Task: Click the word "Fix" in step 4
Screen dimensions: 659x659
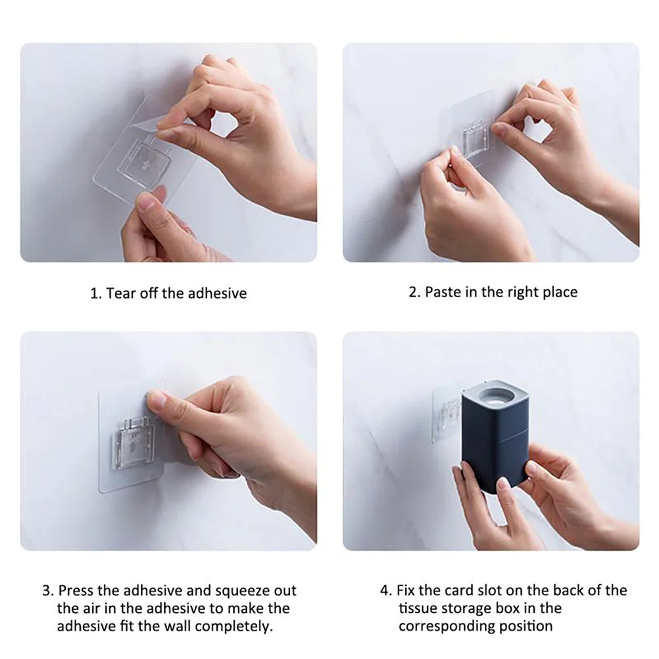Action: point(406,591)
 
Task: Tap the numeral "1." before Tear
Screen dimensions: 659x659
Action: point(96,293)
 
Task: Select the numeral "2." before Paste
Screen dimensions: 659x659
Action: point(414,292)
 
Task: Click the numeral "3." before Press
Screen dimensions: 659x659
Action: point(48,591)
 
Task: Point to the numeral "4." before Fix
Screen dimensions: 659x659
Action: point(386,591)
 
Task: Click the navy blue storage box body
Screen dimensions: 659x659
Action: point(495,445)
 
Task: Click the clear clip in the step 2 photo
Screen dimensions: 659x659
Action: point(479,139)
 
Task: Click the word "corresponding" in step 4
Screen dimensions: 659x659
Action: point(476,626)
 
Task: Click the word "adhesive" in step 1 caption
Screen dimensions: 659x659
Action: point(217,293)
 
